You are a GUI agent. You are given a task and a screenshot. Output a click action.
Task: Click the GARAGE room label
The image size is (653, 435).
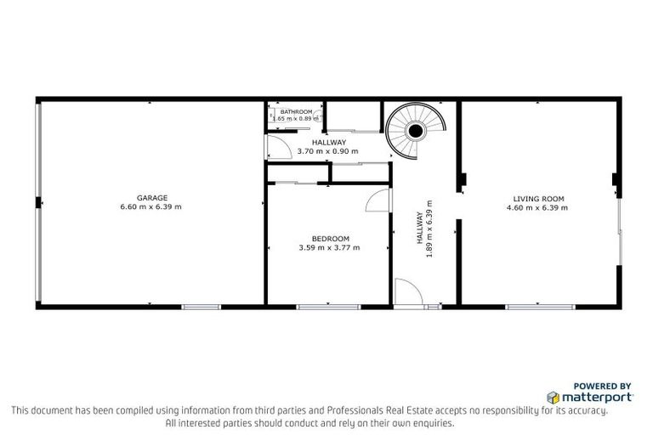pos(150,197)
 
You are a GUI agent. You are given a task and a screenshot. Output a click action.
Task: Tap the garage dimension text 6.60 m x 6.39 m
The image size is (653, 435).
pos(150,206)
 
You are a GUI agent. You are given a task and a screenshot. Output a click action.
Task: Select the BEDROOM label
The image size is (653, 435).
pos(329,239)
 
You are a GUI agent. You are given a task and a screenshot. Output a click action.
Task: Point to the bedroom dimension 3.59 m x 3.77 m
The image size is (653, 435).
pos(329,248)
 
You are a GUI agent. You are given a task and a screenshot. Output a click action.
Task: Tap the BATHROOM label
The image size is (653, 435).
pos(297,112)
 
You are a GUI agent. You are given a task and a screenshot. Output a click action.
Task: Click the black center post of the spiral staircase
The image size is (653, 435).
pos(415,131)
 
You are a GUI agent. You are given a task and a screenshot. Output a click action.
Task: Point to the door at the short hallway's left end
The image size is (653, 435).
pos(276,148)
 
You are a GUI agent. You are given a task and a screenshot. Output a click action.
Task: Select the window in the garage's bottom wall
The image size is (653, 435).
pos(202,306)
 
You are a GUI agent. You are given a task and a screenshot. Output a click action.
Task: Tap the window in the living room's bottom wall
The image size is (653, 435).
pos(537,306)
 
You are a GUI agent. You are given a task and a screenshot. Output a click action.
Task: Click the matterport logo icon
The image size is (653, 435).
pos(553,397)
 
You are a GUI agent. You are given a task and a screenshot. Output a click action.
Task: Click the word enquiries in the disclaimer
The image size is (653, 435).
pos(430,422)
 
